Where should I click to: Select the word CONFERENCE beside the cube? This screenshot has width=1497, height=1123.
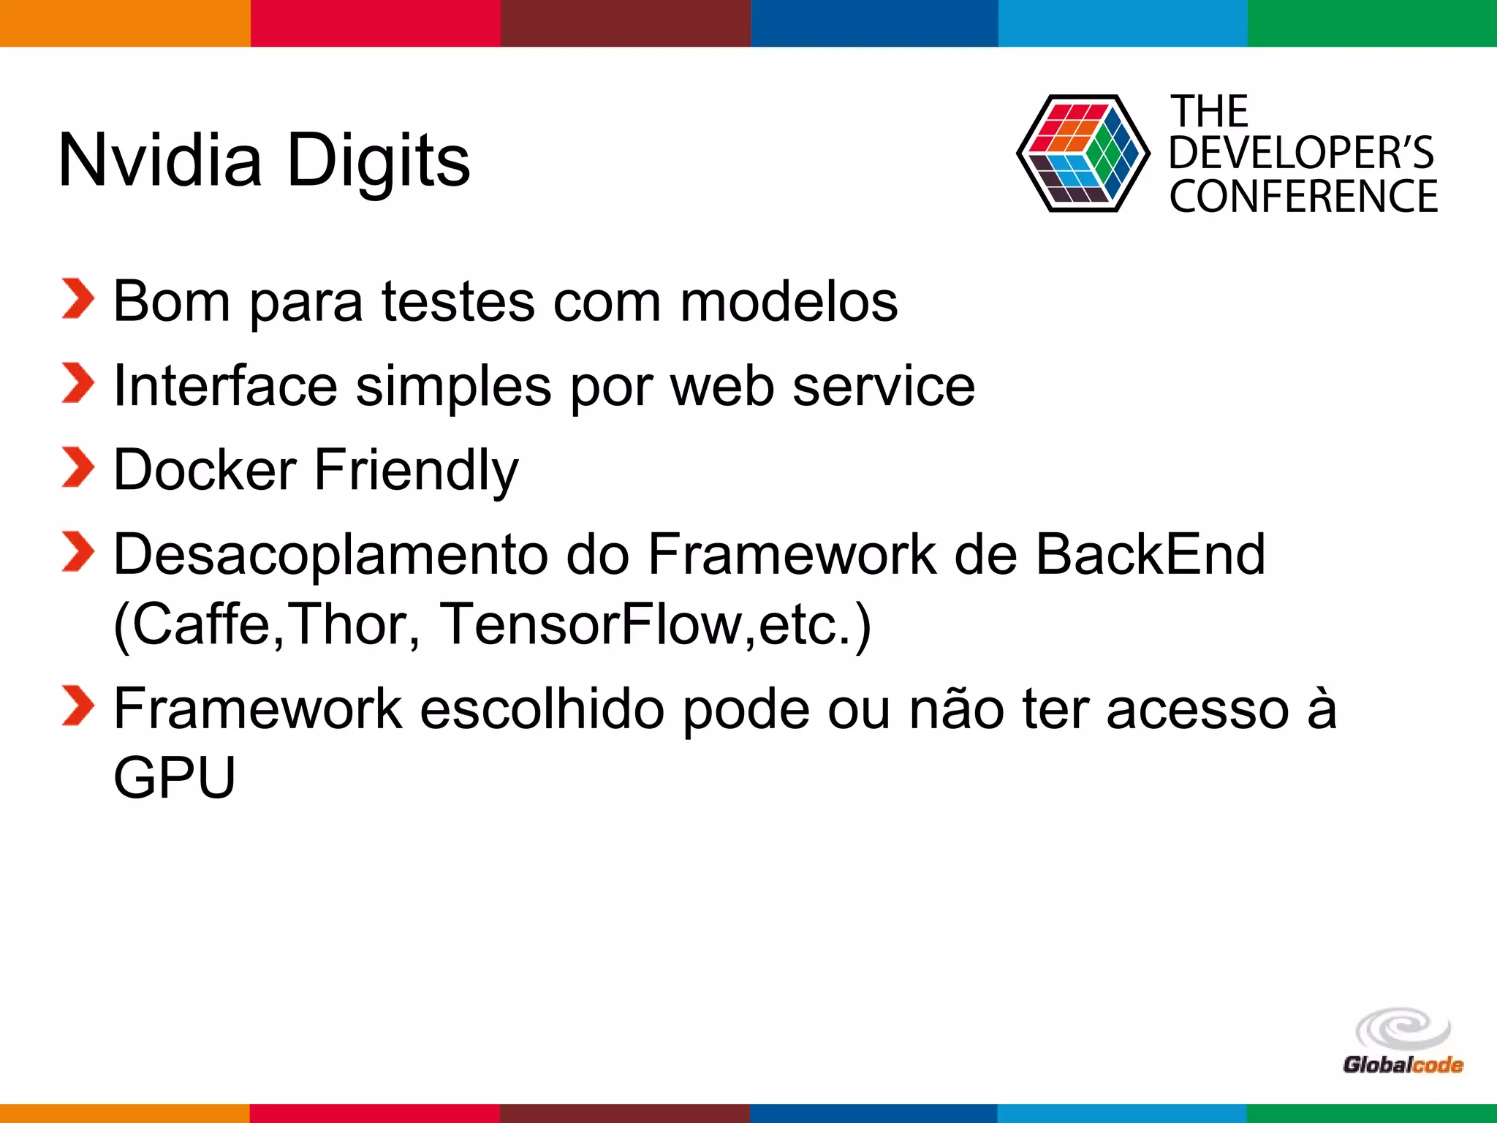[1303, 197]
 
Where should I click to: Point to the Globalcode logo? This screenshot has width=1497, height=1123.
[1403, 1041]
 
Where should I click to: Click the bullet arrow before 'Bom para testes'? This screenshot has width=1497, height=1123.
[77, 299]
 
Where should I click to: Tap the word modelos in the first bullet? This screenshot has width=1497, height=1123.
[789, 301]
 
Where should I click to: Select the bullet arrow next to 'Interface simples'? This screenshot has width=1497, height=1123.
[77, 383]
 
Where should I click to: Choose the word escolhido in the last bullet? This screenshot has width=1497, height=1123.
[542, 708]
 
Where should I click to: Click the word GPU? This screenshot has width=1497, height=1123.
[175, 777]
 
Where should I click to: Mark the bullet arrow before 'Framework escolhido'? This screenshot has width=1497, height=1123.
[77, 706]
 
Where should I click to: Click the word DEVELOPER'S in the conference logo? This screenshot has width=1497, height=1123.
[1301, 153]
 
